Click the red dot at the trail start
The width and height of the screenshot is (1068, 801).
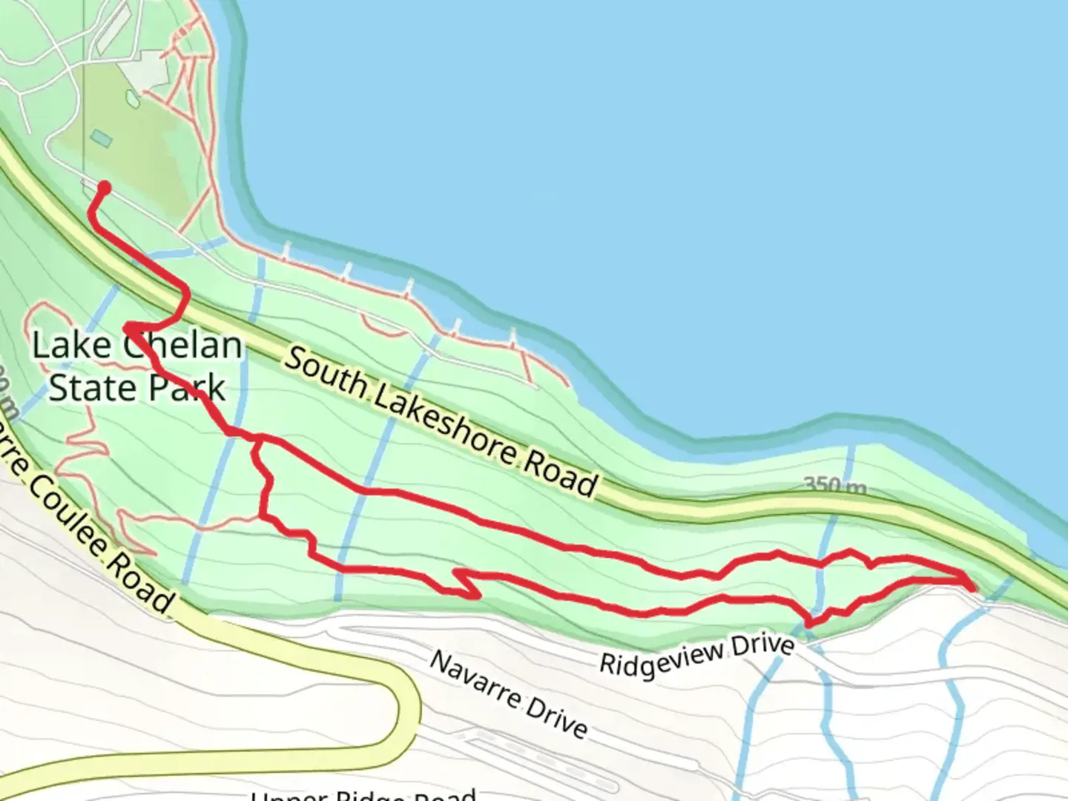pos(105,188)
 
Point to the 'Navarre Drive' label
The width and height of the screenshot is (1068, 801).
pos(509,694)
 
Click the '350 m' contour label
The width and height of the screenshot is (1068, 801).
pos(835,486)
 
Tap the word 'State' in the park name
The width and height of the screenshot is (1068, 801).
pos(93,387)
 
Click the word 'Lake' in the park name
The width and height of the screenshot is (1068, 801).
pos(71,345)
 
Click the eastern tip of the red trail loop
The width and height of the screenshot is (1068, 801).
pos(972,586)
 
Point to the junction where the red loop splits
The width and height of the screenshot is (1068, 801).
pos(257,442)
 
